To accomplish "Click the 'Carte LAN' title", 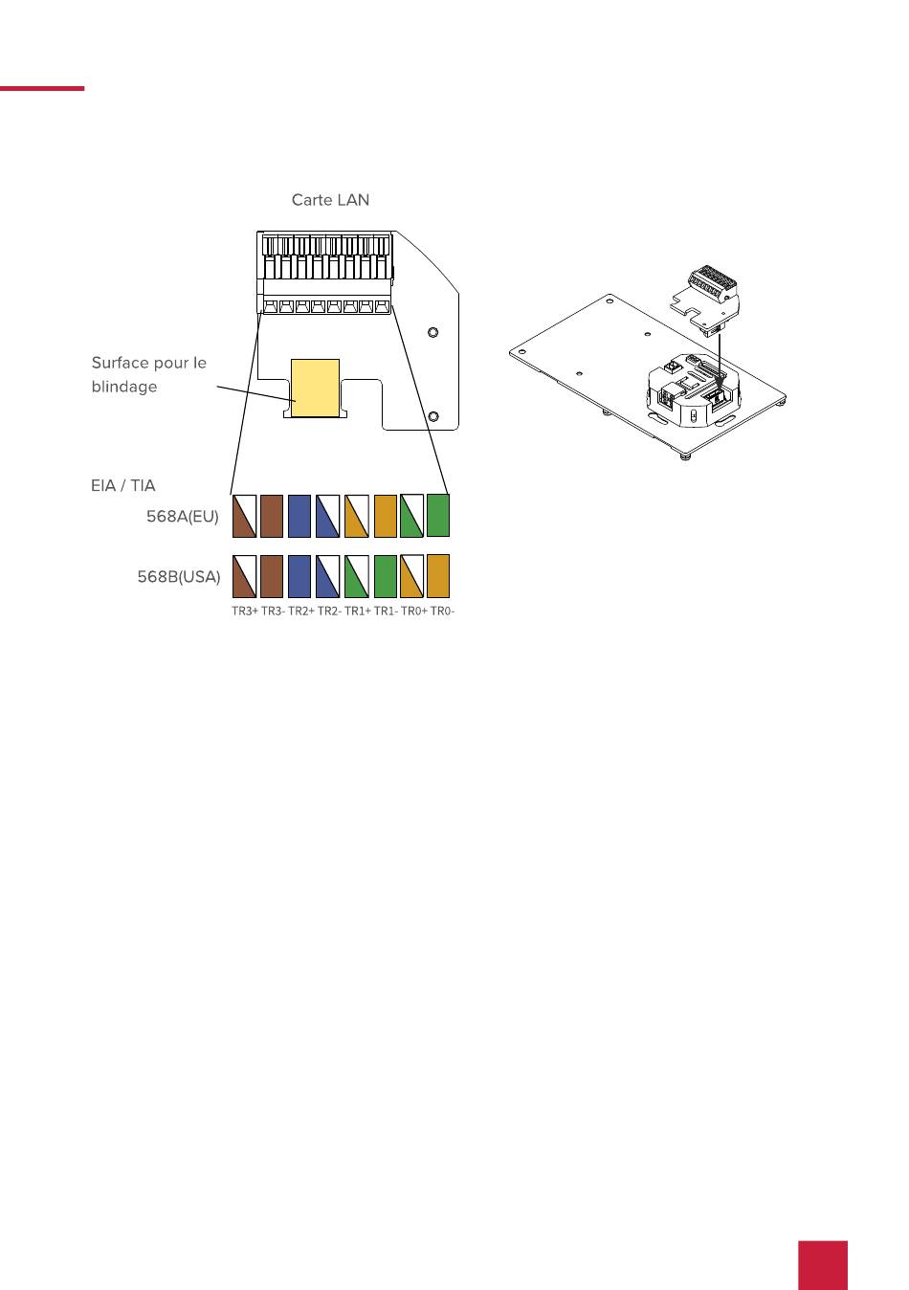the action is [x=330, y=200].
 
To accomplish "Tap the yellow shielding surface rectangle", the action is [x=315, y=388].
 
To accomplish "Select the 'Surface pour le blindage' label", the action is [x=148, y=374].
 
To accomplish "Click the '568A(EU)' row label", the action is [x=183, y=516].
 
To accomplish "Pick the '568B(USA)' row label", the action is [x=179, y=576].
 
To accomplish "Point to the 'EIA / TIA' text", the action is [x=123, y=485].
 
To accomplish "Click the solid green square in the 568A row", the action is [x=438, y=516].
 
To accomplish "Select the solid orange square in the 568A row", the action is [x=386, y=516].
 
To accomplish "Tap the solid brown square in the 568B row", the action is [x=272, y=576].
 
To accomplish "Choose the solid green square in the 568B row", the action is [x=386, y=576].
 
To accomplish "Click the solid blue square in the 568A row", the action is [x=299, y=516].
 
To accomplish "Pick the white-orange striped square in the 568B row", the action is [x=412, y=576].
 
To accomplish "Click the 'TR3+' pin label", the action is [x=245, y=611].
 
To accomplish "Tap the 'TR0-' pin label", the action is [x=442, y=611].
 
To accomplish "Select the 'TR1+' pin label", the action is [x=358, y=611].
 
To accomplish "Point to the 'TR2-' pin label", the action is [x=329, y=611].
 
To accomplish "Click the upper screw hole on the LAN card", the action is [x=432, y=332].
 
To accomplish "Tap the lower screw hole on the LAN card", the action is [x=434, y=415].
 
